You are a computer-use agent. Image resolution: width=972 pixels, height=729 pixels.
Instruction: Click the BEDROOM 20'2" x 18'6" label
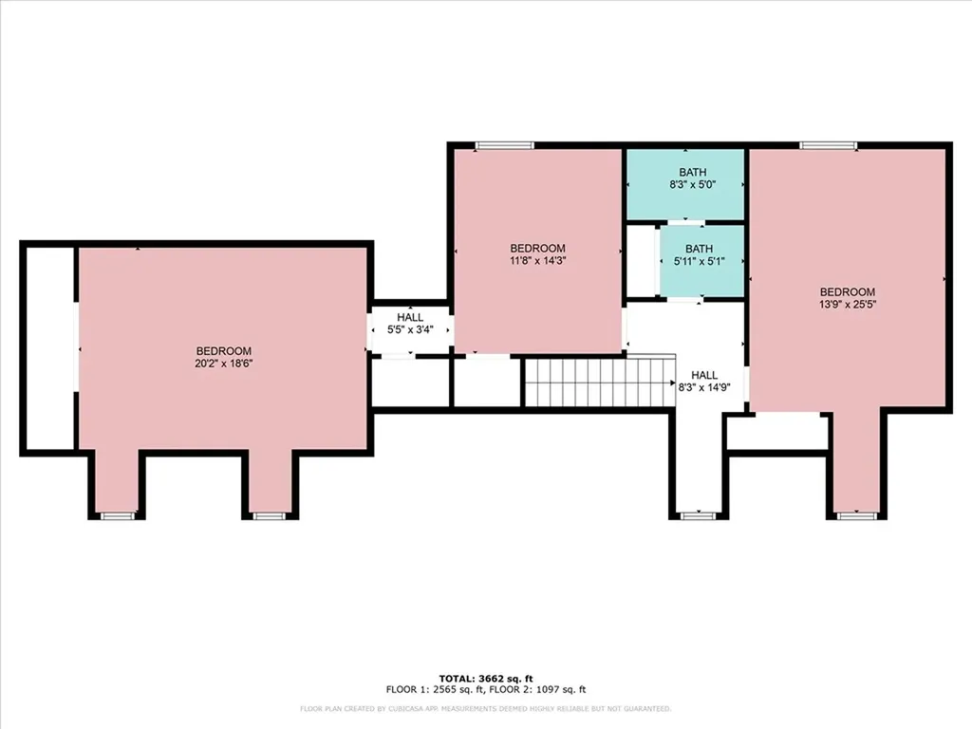(x=224, y=357)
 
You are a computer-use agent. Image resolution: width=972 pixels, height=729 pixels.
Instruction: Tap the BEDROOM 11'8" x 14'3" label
(x=537, y=254)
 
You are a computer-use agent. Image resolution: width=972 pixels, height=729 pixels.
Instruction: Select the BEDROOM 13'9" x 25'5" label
(x=848, y=298)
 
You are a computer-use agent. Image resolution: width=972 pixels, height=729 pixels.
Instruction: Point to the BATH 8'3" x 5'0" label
(x=692, y=178)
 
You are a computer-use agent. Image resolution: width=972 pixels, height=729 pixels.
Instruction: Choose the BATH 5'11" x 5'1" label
(x=700, y=254)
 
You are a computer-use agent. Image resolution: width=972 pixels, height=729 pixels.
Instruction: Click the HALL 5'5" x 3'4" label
(x=410, y=324)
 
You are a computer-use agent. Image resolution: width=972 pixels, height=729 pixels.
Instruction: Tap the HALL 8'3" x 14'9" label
(x=704, y=382)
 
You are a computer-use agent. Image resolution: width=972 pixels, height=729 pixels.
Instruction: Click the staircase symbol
(x=600, y=382)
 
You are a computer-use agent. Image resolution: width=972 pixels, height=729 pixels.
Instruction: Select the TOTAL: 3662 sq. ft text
(x=486, y=678)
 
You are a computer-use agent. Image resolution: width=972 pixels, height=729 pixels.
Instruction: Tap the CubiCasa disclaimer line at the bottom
(x=485, y=708)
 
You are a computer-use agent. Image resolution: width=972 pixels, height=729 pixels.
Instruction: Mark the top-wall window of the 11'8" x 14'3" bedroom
(x=505, y=145)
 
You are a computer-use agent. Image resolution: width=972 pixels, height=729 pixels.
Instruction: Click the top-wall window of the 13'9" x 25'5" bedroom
(x=828, y=145)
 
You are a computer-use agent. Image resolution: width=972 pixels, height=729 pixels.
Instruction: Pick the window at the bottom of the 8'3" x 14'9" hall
(x=698, y=515)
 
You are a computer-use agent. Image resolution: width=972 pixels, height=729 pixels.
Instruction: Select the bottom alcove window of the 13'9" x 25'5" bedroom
(x=857, y=515)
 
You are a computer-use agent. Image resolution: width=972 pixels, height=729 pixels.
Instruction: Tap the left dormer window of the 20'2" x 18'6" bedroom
(x=117, y=515)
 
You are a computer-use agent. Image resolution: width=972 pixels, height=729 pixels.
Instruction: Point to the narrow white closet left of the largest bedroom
(x=49, y=348)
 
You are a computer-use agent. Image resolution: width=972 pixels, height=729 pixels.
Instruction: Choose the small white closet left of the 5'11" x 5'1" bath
(x=642, y=261)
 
